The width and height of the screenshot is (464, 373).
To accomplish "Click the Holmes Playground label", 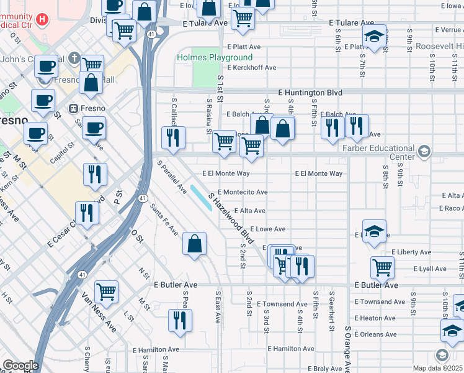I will click(x=206, y=57).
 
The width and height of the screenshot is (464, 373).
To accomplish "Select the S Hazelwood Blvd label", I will click(x=232, y=218).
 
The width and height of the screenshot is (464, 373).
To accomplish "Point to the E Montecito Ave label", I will click(x=243, y=192).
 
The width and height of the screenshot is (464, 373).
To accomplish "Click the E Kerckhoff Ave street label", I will click(x=251, y=67).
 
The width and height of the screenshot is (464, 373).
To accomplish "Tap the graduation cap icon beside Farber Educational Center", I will click(x=424, y=151).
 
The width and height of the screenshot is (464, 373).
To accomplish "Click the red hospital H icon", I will click(x=42, y=19).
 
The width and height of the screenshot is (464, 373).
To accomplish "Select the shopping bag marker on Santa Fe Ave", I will click(x=195, y=243).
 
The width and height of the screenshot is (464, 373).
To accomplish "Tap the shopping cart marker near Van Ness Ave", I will click(x=107, y=291).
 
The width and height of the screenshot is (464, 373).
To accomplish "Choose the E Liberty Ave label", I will click(x=411, y=252).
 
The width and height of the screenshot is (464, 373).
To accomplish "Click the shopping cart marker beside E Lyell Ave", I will click(x=382, y=267).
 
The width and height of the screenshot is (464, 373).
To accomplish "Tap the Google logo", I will click(x=20, y=366).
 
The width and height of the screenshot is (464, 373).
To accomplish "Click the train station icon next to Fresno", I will click(x=73, y=107).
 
